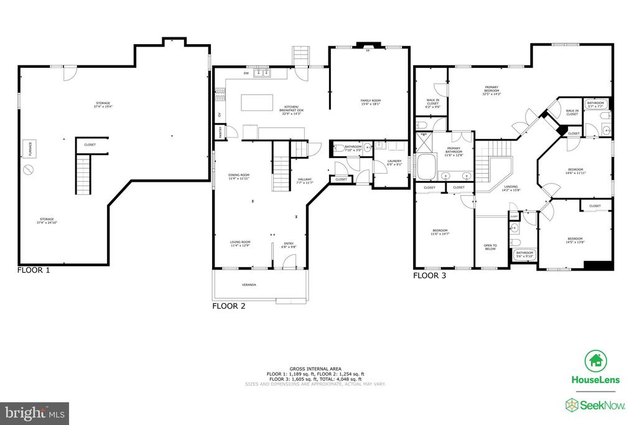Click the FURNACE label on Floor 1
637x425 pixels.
point(27,149)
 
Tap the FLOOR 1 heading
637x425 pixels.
point(34,270)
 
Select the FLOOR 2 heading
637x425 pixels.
point(229,306)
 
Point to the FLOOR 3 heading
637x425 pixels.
point(430,274)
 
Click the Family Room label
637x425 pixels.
point(371,102)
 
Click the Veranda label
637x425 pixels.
point(249,285)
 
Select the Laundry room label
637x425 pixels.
point(395,163)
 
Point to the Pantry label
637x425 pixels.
point(219,131)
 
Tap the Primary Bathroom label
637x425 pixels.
point(453,152)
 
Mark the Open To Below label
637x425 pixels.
point(490,247)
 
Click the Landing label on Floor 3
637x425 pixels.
point(511,188)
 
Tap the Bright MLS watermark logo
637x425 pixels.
point(35,413)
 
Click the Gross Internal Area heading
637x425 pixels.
point(317,368)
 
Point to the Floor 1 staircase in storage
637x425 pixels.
point(83,174)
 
